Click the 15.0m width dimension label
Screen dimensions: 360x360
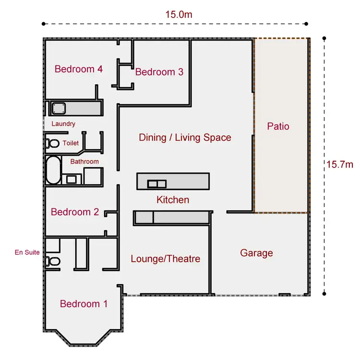pyautogui.click(x=179, y=14)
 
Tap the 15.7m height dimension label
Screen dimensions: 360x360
pyautogui.click(x=339, y=165)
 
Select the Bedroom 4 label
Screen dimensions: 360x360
pyautogui.click(x=78, y=69)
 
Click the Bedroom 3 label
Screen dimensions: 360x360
pyautogui.click(x=159, y=72)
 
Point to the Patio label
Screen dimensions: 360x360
pyautogui.click(x=278, y=127)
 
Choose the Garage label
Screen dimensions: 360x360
pyautogui.click(x=256, y=253)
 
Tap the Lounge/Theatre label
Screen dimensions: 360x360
pyautogui.click(x=165, y=259)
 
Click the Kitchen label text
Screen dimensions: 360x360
pyautogui.click(x=173, y=200)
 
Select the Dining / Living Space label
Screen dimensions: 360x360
pyautogui.click(x=185, y=138)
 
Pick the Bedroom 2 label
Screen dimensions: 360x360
pyautogui.click(x=75, y=212)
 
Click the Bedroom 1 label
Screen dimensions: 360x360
pyautogui.click(x=84, y=304)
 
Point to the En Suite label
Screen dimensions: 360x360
pyautogui.click(x=27, y=252)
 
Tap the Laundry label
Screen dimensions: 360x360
pyautogui.click(x=63, y=124)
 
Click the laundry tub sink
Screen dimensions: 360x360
pyautogui.click(x=59, y=108)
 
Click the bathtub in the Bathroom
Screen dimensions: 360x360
pyautogui.click(x=53, y=170)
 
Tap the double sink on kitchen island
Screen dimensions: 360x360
pyautogui.click(x=156, y=183)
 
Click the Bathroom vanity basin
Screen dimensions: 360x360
pyautogui.click(x=72, y=180)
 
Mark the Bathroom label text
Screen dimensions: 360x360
pyautogui.click(x=84, y=162)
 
